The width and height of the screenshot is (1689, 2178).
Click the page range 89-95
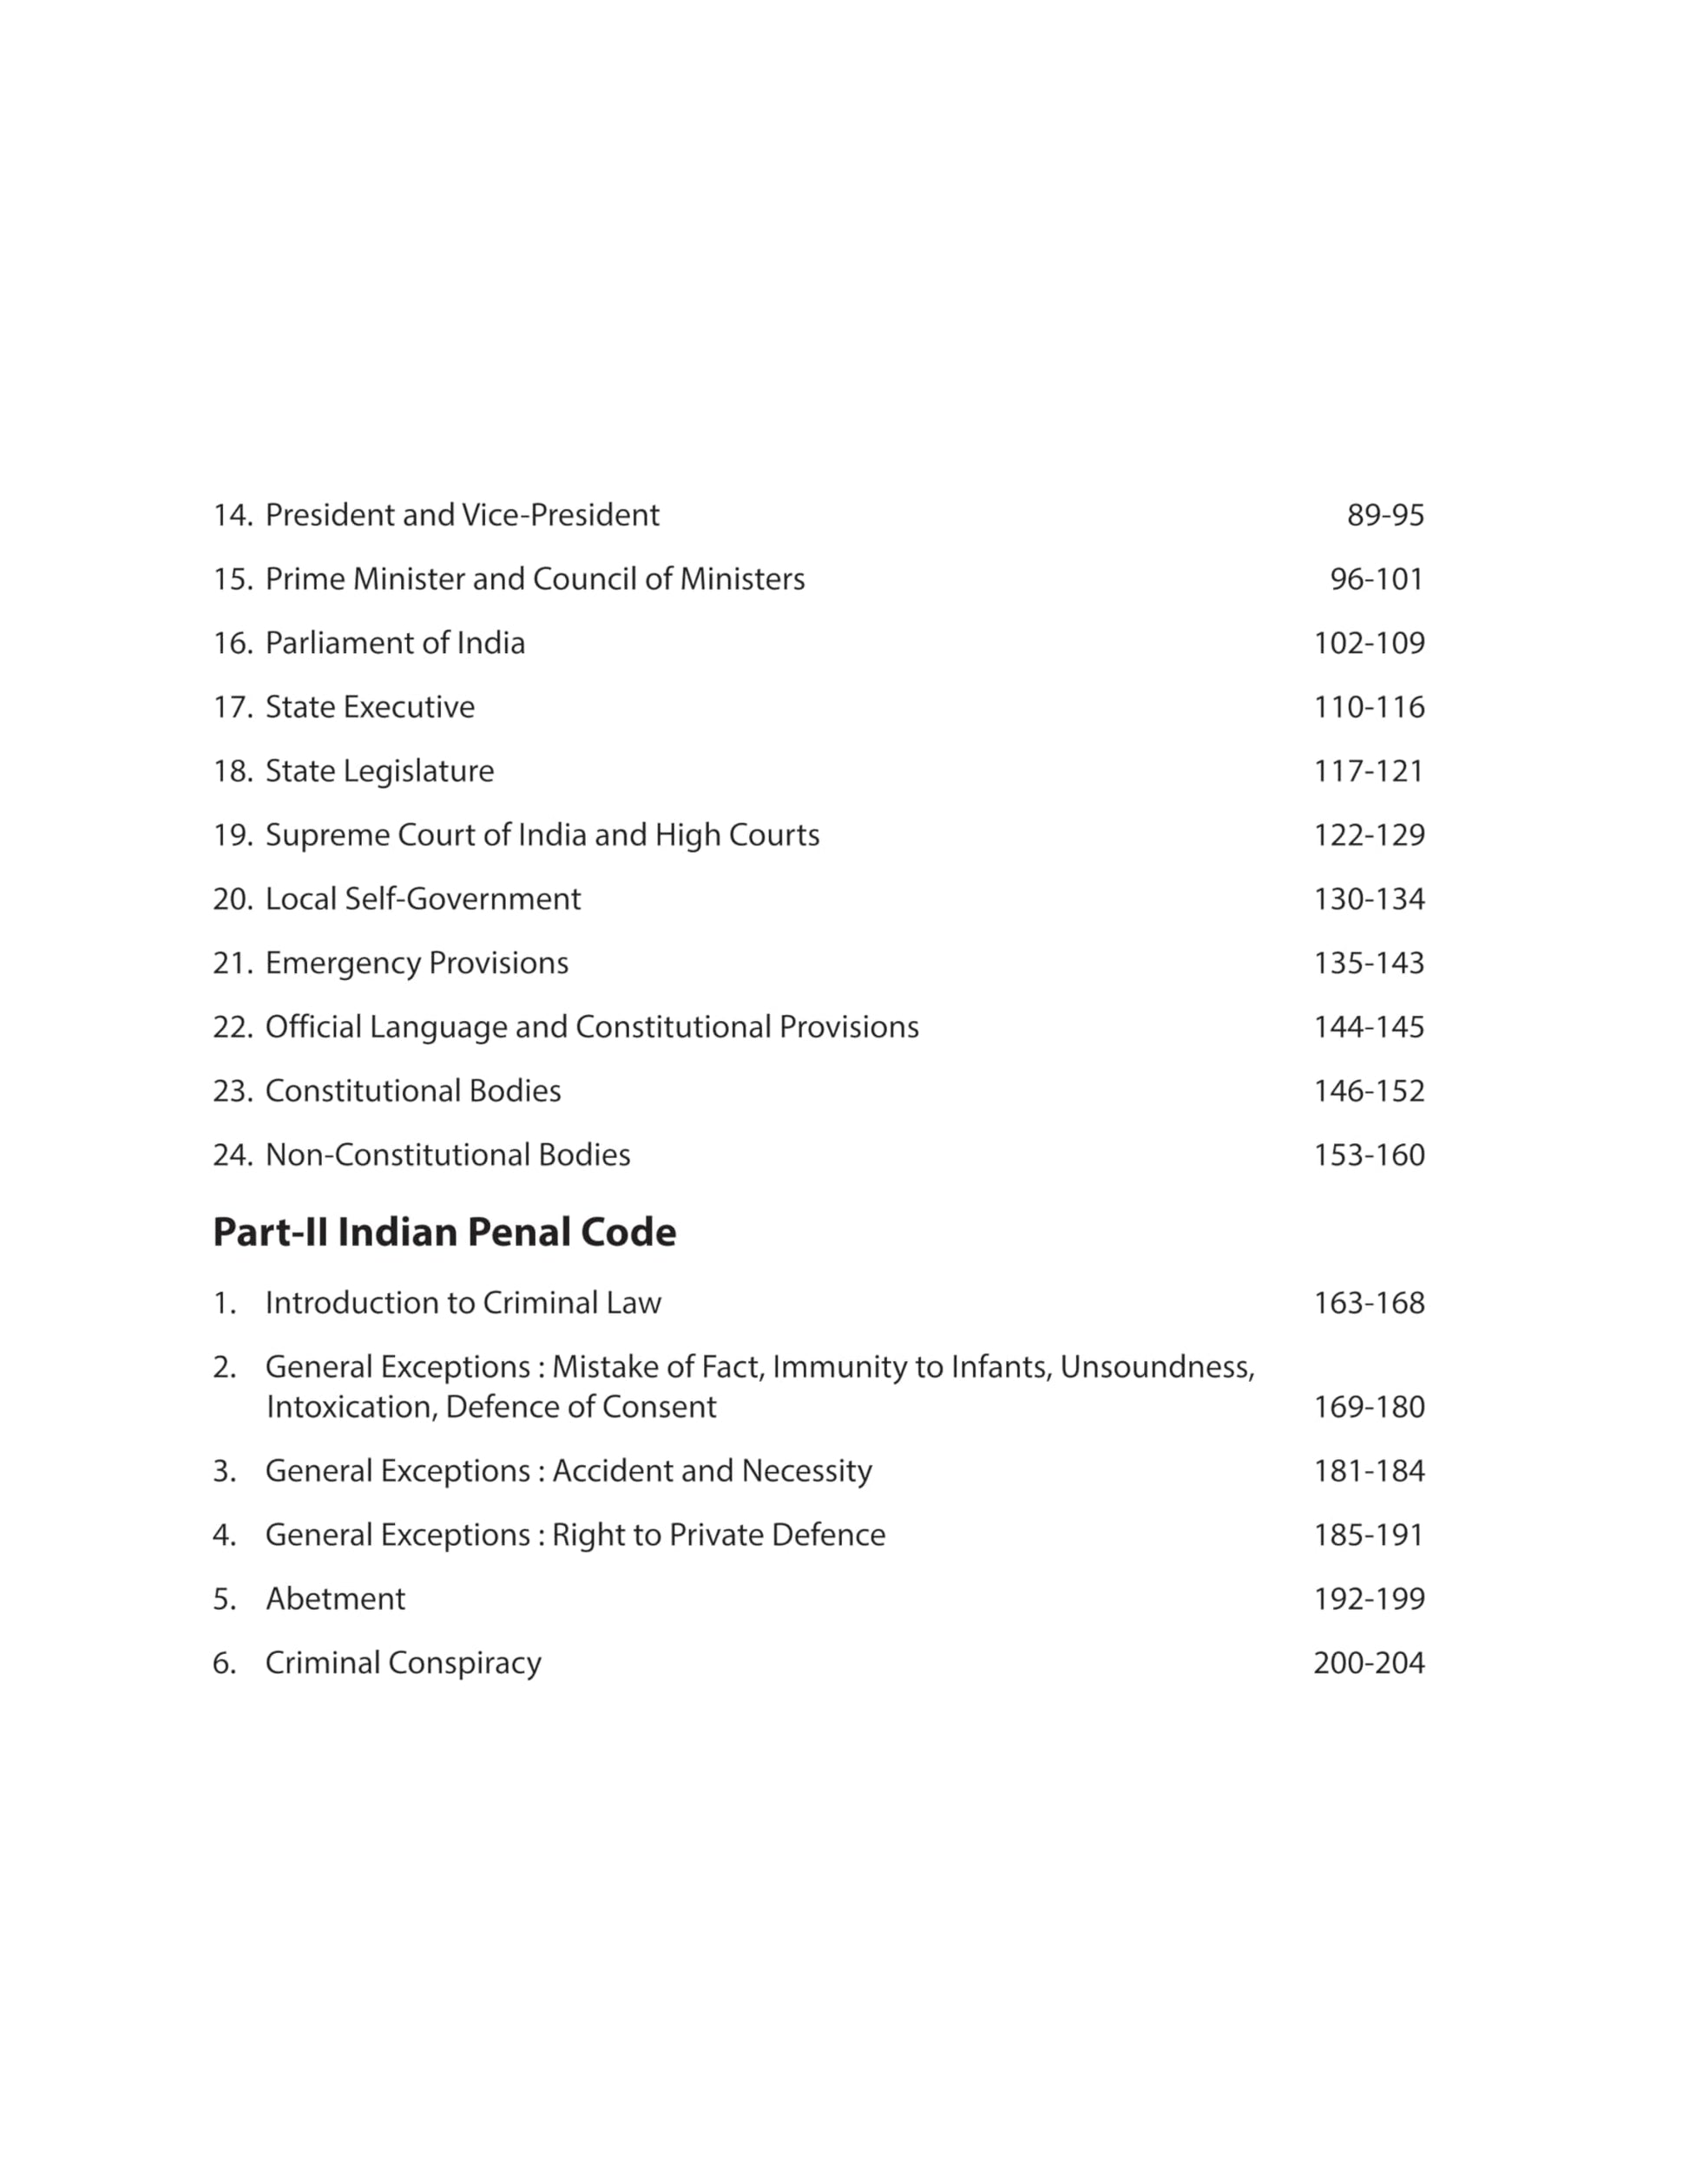(1384, 515)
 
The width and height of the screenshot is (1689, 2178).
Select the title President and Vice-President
(462, 515)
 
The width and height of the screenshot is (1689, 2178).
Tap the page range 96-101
(1377, 579)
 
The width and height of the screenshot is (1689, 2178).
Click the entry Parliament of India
(395, 644)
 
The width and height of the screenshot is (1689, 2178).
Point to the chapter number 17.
(232, 707)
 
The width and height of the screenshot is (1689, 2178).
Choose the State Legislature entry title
(379, 771)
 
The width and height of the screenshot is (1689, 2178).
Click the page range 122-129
(1369, 834)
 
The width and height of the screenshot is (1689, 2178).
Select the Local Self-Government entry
(423, 899)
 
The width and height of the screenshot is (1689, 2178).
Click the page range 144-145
(1369, 1027)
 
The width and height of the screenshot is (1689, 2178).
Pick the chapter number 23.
(232, 1091)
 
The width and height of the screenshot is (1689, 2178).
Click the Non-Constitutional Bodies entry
(448, 1154)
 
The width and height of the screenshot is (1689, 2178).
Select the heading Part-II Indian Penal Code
(444, 1233)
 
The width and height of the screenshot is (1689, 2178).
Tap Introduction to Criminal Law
(463, 1304)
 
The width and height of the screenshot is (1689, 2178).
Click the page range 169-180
(1369, 1407)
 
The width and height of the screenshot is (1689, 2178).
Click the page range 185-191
(1369, 1534)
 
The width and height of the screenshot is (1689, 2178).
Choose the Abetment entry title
(335, 1599)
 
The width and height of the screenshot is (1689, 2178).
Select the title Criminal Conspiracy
(403, 1663)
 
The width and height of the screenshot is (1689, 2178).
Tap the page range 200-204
(1369, 1663)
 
